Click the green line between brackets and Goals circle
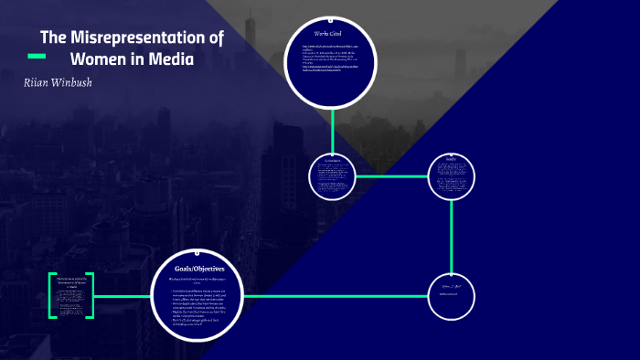[122, 296]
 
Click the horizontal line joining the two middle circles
[391, 175]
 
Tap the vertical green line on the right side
[452, 235]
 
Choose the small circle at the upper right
[452, 175]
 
